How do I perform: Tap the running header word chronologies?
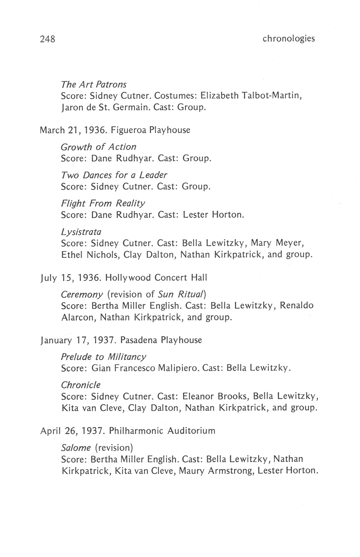[289, 39]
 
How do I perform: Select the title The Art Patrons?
[94, 85]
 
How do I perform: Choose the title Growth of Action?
[99, 147]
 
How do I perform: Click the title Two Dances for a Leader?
[114, 175]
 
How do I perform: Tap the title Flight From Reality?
[103, 203]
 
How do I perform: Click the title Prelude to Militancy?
[104, 356]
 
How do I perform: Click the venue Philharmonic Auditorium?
[162, 431]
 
